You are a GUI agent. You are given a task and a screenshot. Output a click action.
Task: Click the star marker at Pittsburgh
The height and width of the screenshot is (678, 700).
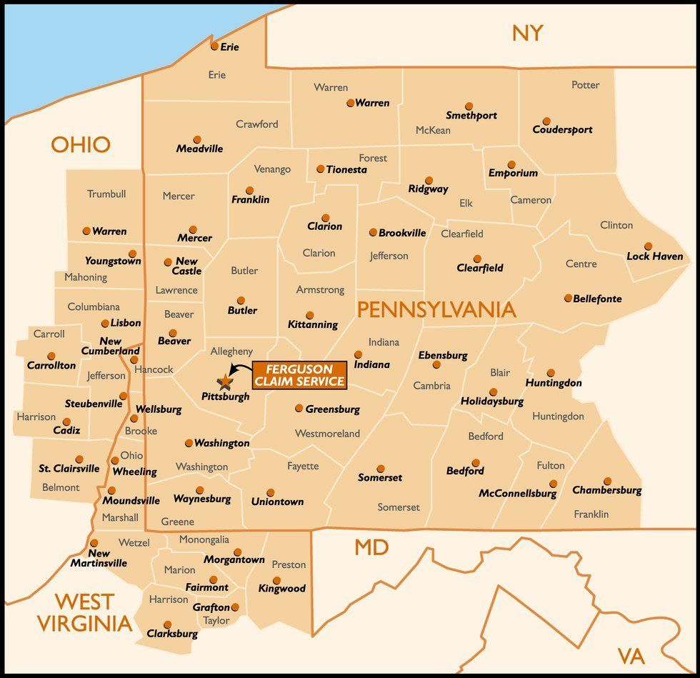point(224,381)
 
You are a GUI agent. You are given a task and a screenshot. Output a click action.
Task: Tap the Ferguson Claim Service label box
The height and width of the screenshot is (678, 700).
point(299,375)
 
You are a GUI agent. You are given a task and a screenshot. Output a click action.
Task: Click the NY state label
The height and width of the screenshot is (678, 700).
point(527,33)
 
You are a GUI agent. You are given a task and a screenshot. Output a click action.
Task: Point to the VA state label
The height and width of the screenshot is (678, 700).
point(631,656)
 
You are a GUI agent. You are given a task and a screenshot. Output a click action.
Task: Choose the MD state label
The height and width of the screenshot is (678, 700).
point(371,548)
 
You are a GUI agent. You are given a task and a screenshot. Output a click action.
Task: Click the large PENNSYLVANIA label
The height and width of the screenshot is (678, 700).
point(436,309)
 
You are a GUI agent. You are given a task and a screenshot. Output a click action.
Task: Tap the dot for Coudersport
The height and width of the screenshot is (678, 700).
point(546,121)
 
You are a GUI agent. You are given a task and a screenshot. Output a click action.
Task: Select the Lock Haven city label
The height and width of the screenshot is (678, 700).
point(654,256)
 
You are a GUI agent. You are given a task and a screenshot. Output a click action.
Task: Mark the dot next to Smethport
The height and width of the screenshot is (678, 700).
point(469,106)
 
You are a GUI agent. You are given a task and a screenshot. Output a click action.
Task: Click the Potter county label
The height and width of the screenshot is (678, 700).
point(585,85)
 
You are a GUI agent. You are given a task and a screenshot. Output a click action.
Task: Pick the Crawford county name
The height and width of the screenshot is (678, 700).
point(257,124)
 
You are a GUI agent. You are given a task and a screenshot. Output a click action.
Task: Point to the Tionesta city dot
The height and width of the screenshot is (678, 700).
point(321,169)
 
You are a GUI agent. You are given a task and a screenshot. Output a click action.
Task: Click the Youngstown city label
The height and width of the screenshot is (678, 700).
point(112,261)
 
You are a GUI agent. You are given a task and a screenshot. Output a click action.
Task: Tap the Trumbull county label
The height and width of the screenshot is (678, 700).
point(106,194)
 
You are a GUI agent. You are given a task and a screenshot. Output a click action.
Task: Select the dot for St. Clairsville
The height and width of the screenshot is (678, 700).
point(79,459)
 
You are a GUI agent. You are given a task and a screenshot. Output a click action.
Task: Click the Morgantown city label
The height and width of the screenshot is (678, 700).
point(234,560)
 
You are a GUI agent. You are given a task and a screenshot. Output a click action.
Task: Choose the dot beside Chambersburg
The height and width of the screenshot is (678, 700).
point(607,481)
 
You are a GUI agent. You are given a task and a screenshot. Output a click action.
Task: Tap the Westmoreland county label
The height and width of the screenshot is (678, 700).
point(327,434)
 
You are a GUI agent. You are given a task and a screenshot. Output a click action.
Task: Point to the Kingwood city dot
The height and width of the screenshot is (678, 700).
point(276,580)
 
